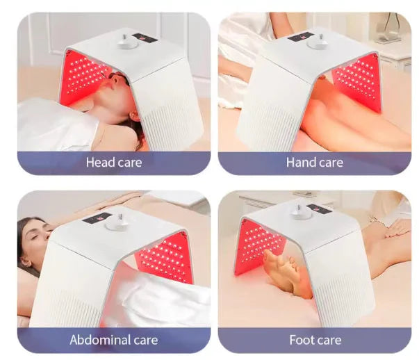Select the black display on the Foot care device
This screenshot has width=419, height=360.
point(321,208)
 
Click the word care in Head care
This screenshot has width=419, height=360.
point(130,163)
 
